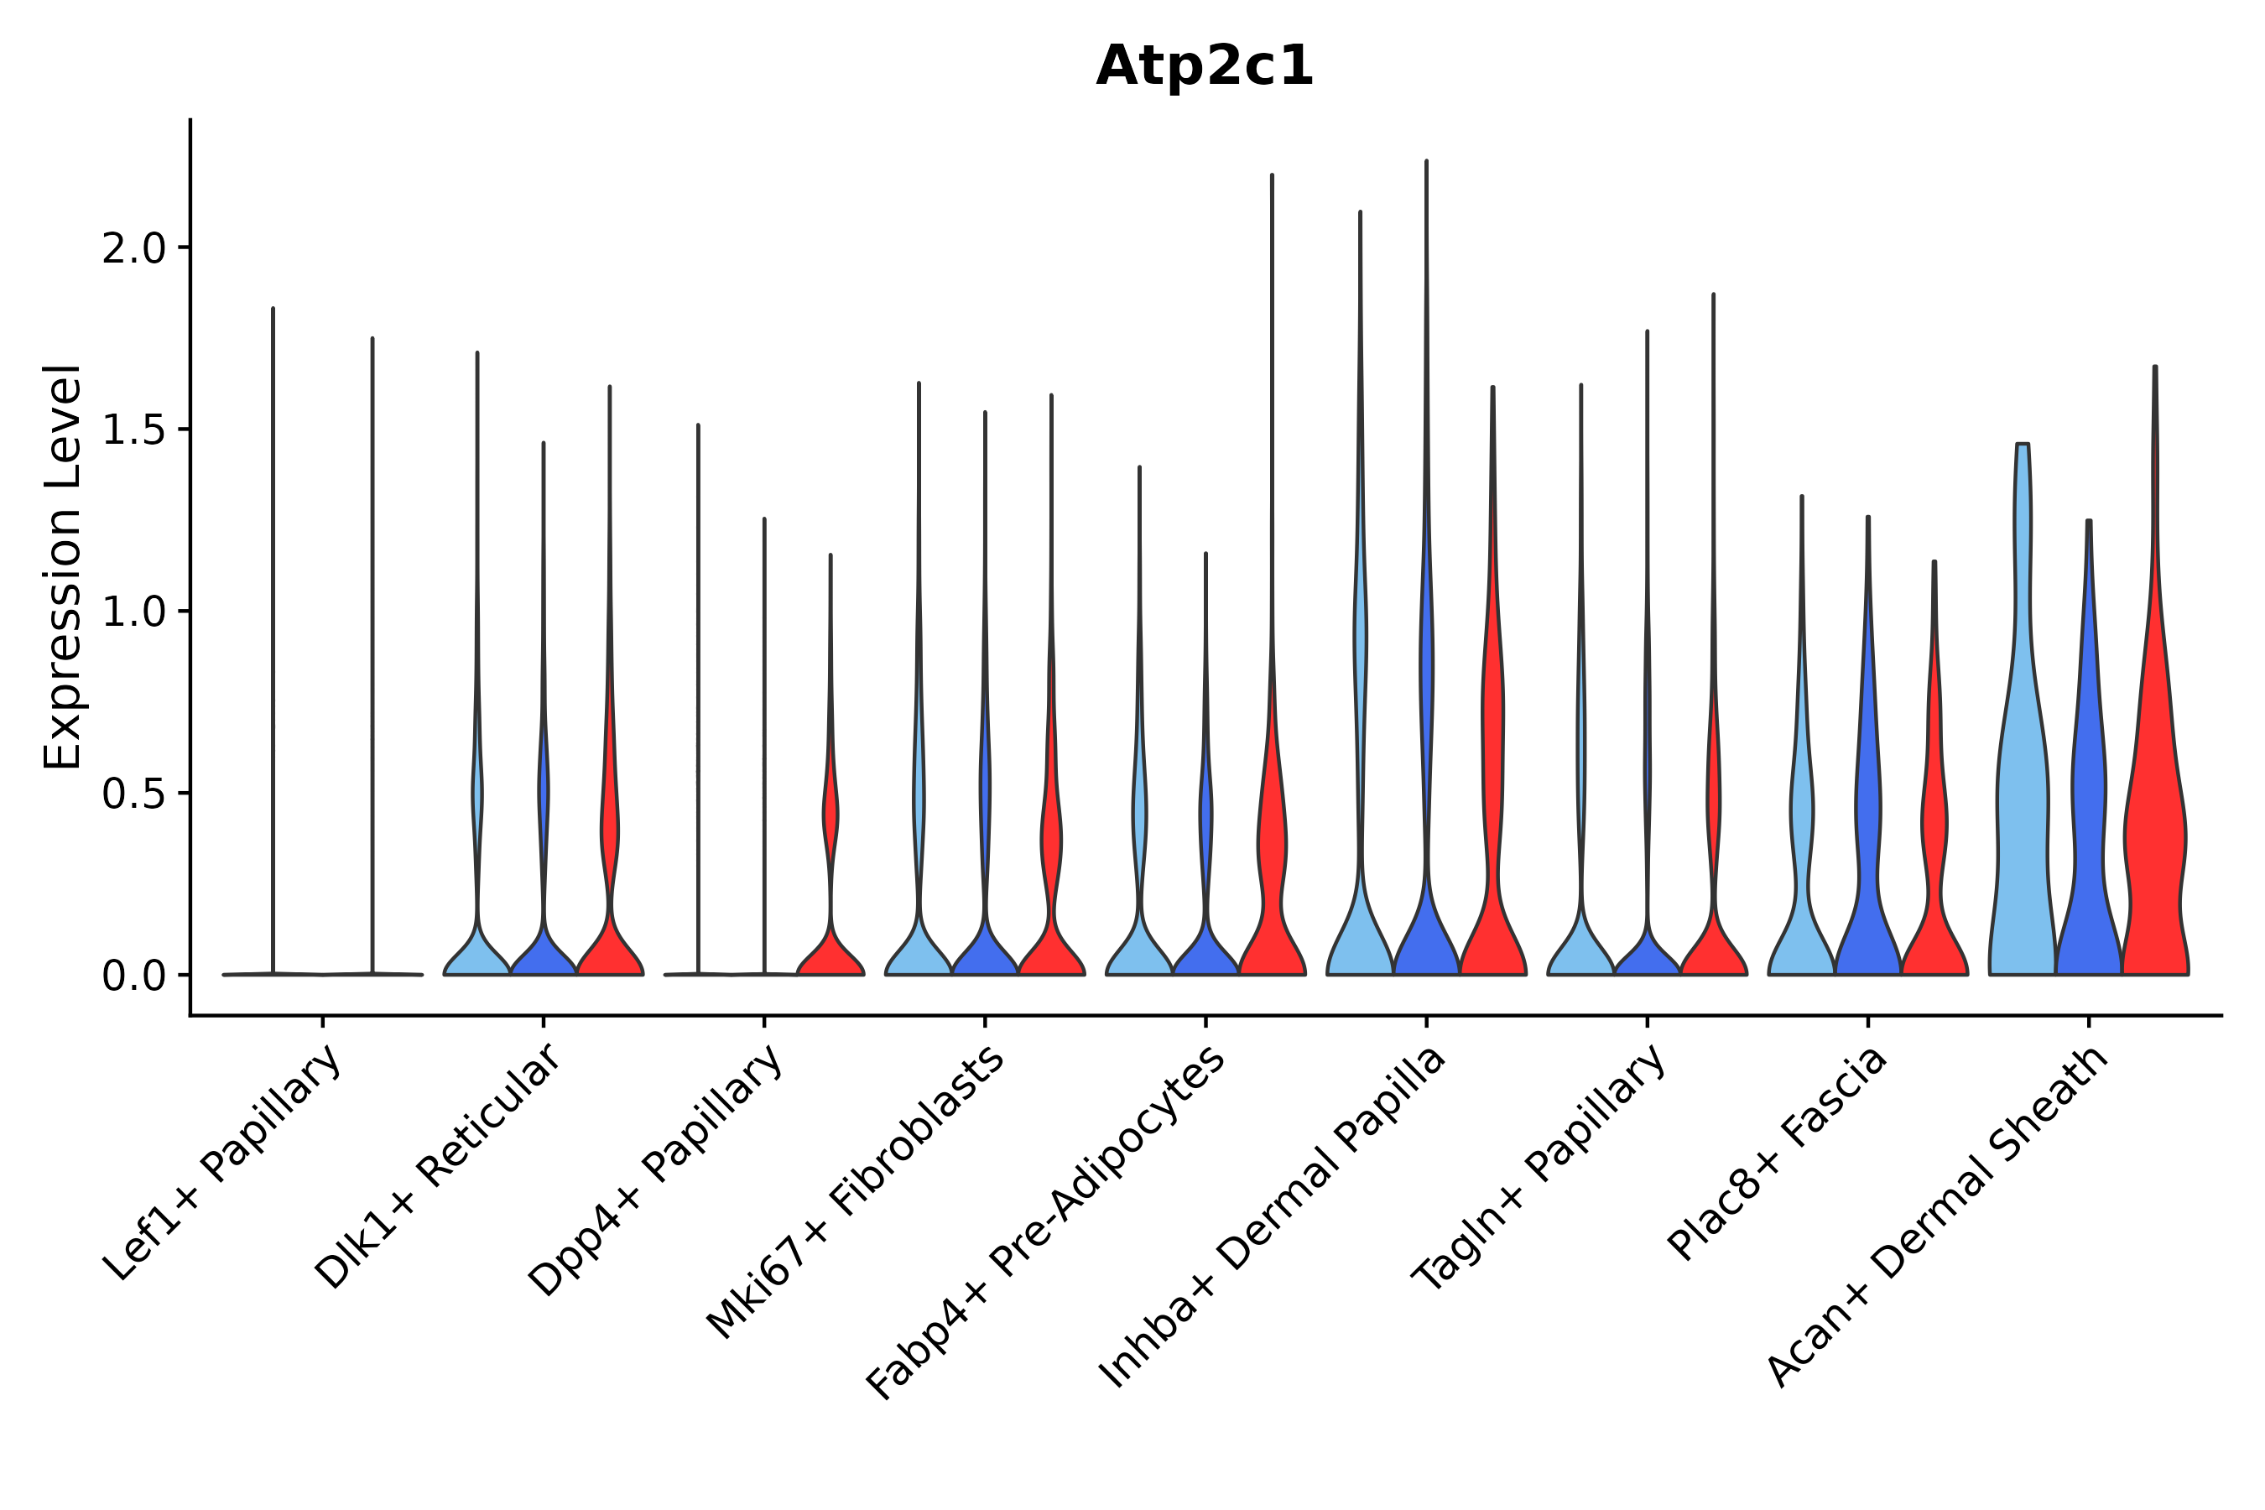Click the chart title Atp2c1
tap(1204, 67)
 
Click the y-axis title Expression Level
tap(63, 566)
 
